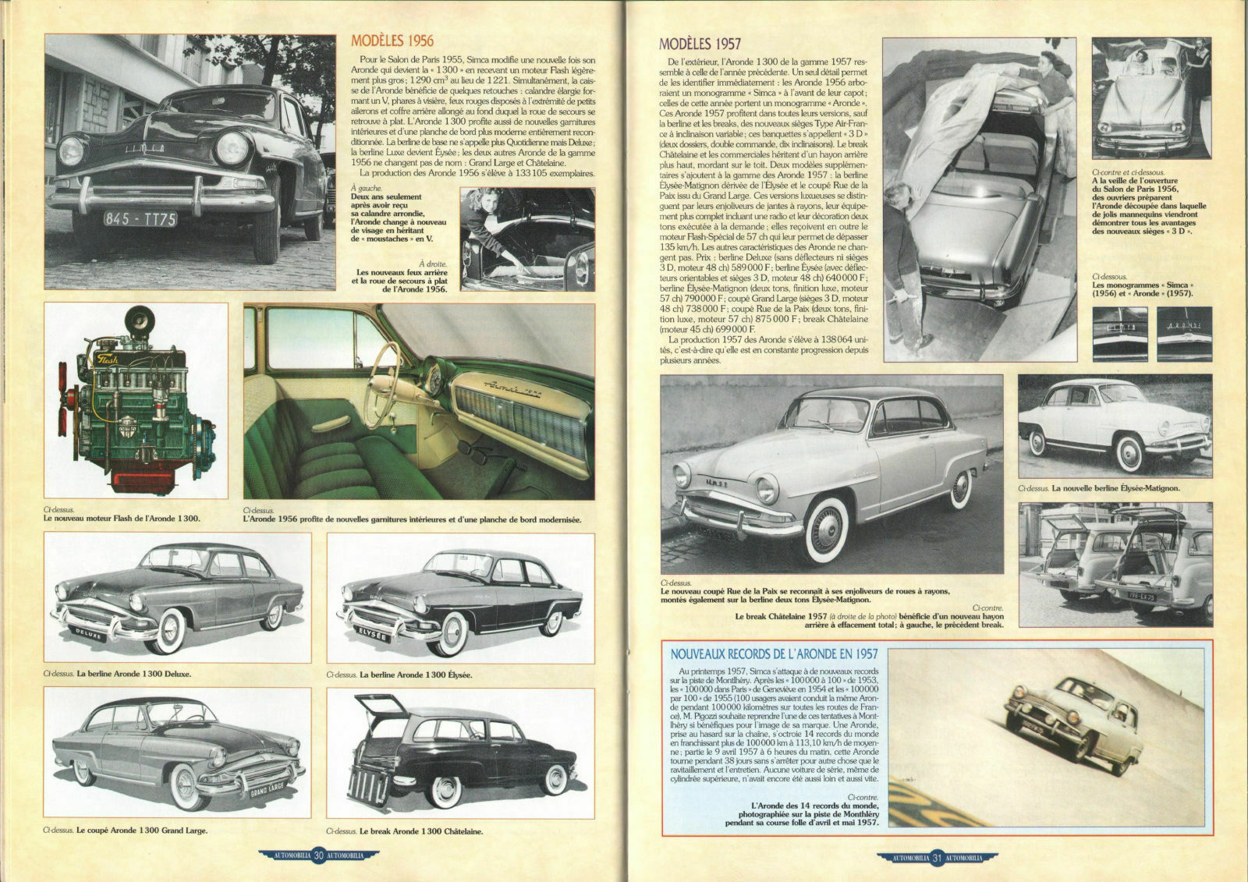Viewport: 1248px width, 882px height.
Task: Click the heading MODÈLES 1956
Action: point(392,41)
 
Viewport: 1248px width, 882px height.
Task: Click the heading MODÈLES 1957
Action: point(699,44)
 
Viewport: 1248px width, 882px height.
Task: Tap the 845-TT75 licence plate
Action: point(141,219)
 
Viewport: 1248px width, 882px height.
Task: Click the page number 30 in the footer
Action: point(318,856)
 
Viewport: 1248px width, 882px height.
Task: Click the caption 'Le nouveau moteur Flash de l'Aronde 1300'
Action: point(122,519)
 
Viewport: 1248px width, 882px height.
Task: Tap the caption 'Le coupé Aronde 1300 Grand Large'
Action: point(126,831)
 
